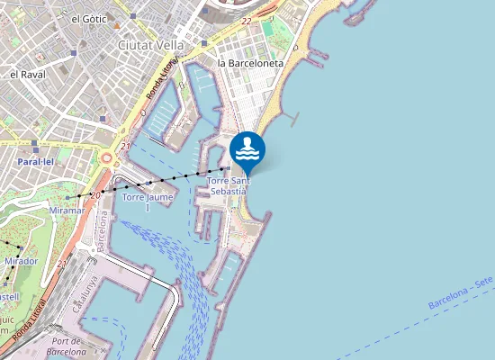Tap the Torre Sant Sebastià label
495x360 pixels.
tap(228, 185)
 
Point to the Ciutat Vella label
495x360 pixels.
tap(151, 44)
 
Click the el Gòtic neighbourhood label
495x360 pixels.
tap(88, 18)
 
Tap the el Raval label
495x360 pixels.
tap(27, 74)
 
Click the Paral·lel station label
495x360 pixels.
tap(36, 162)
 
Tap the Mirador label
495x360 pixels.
tap(21, 261)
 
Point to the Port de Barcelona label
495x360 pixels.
tap(67, 346)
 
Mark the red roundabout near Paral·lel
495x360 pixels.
tap(107, 159)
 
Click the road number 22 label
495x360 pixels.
tap(247, 20)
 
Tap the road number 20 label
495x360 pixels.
tap(96, 184)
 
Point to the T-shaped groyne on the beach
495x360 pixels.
tap(293, 117)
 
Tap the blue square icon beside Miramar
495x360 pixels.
tap(68, 197)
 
